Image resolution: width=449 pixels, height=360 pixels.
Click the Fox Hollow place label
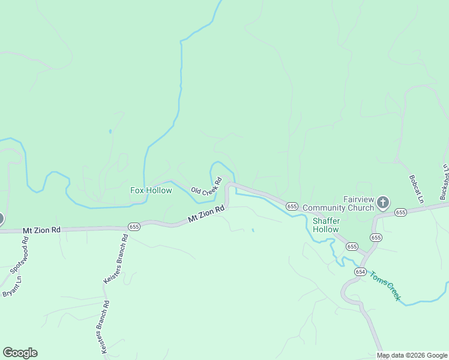151,191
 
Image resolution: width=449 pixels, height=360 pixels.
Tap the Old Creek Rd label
206,187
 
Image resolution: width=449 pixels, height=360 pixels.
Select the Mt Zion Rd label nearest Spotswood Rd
42,230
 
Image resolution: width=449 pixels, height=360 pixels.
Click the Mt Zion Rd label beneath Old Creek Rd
206,214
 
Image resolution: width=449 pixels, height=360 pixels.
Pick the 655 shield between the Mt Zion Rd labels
134,226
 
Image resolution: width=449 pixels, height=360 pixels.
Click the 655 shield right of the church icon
401,212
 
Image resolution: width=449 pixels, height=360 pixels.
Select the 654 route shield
360,272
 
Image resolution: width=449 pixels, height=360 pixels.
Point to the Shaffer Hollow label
325,225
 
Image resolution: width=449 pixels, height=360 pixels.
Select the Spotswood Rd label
20,254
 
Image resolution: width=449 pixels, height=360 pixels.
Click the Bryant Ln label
12,286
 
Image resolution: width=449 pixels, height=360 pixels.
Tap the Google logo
20,353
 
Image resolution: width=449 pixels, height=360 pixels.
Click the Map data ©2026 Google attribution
412,355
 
